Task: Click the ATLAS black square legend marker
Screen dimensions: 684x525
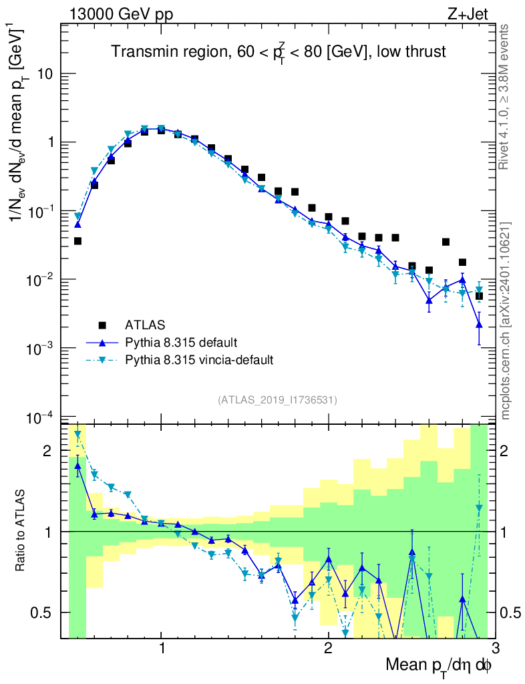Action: (102, 325)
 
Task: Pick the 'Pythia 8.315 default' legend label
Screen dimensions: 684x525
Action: (180, 343)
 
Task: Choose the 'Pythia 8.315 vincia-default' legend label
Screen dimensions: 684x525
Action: (199, 360)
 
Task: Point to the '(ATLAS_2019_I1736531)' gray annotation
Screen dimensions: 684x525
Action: (277, 400)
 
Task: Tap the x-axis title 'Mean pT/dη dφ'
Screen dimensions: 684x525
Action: (440, 666)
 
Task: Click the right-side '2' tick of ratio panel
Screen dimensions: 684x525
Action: (511, 451)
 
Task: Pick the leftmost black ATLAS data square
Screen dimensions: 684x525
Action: (77, 241)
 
